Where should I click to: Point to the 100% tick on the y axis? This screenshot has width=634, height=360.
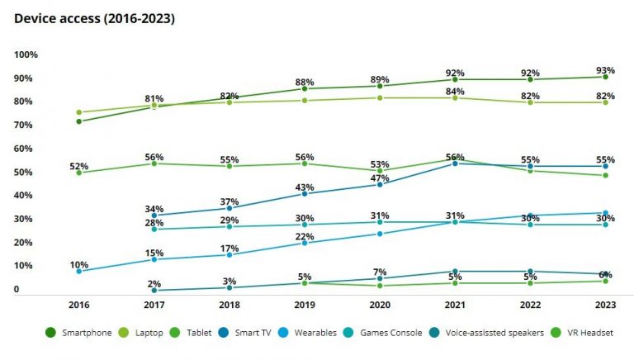[x=26, y=54]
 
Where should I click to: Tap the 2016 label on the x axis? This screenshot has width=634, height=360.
[x=79, y=305]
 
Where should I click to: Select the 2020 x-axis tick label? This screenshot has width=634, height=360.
[x=380, y=305]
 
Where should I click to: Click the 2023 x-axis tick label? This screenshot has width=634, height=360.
[x=605, y=305]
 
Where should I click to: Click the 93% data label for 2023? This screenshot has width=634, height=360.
[x=605, y=69]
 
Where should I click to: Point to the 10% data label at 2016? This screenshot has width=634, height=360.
[x=79, y=263]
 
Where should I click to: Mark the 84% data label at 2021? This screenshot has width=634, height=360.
[x=455, y=91]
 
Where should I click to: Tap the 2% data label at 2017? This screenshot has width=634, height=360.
[x=154, y=283]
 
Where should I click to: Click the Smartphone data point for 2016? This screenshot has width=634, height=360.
[x=79, y=121]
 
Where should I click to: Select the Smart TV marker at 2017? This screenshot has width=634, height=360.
[x=154, y=216]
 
